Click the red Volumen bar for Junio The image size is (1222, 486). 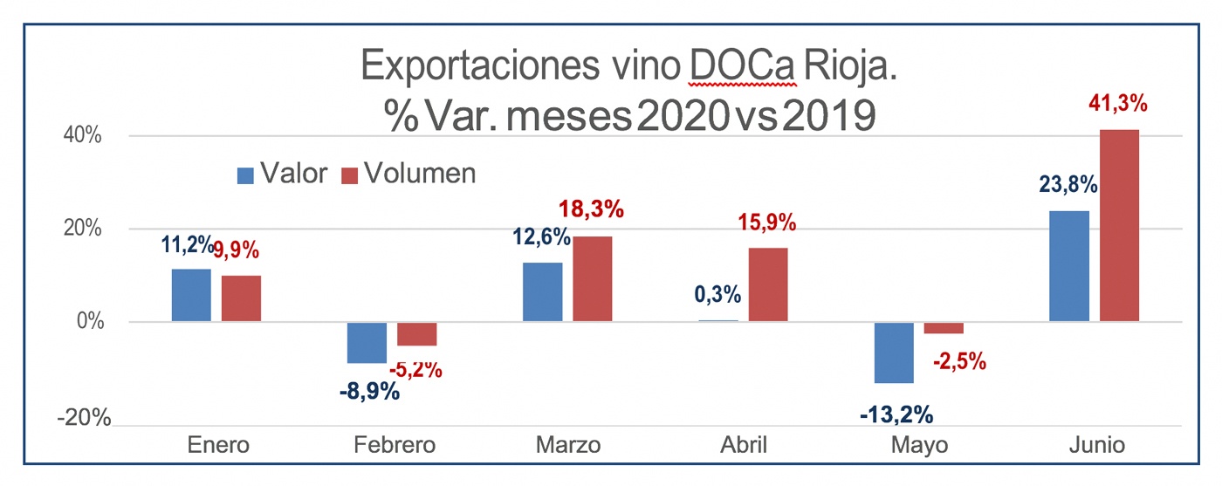click(x=1119, y=225)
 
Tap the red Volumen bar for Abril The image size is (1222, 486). click(x=768, y=284)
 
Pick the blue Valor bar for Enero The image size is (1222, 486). click(x=191, y=295)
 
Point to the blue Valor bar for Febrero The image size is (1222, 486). click(x=367, y=342)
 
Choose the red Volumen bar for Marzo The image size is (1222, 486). click(x=592, y=278)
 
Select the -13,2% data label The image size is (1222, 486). click(x=896, y=413)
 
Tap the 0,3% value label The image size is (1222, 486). click(x=717, y=294)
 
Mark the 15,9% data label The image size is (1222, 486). click(x=767, y=222)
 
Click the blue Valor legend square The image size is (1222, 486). click(x=245, y=175)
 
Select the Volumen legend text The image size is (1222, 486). click(x=420, y=174)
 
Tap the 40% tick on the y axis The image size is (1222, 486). click(x=81, y=136)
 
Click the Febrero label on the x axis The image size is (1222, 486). click(x=395, y=445)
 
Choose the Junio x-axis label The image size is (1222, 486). click(x=1096, y=445)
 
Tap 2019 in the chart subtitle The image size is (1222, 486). click(x=828, y=116)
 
